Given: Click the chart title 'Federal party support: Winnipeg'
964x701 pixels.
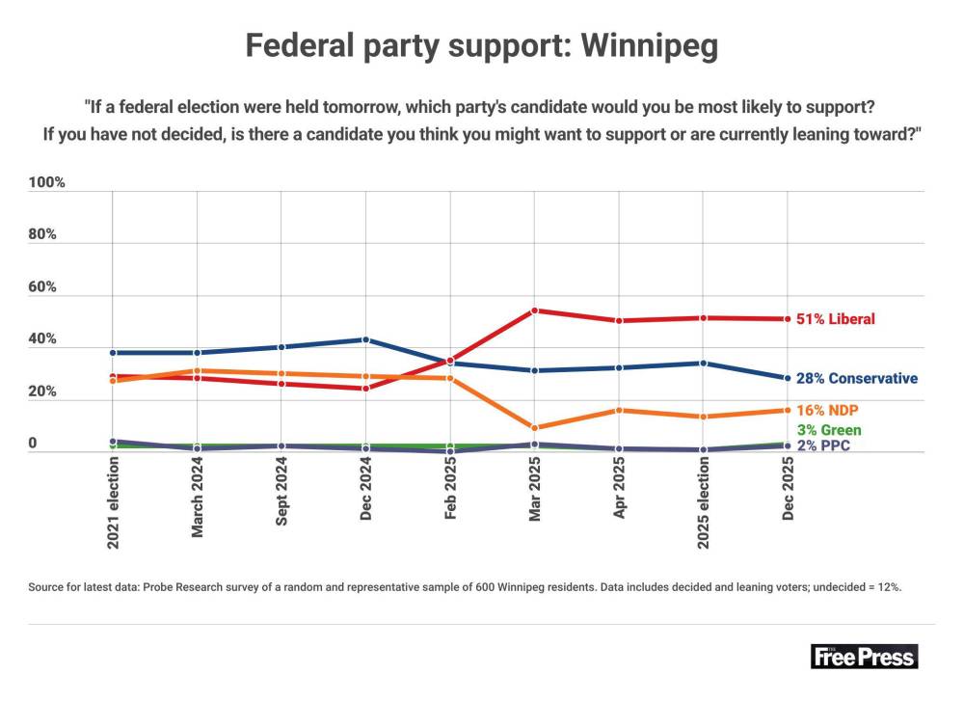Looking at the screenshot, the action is coord(481,46).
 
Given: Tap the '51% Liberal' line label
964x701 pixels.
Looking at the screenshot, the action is coord(835,318).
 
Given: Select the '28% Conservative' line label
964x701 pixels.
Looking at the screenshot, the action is coord(856,378).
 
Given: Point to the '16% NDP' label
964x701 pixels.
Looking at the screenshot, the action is coord(827,410).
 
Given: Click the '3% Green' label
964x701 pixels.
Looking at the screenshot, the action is coord(829,430).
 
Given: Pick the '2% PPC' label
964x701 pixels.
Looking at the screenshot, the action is coord(823,445).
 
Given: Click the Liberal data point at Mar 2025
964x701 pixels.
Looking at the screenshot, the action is coord(534,310).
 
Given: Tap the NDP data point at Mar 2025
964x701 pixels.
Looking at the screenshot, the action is coord(534,427).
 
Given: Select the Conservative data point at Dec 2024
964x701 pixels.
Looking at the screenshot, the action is coord(365,339).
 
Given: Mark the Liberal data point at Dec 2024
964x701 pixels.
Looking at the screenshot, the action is coord(365,388).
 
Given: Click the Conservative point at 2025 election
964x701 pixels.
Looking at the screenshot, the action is coord(704,363).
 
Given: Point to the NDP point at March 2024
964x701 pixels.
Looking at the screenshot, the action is coord(197,371).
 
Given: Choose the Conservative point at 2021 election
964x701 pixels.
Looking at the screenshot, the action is coord(113,352).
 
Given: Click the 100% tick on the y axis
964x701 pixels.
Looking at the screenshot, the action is coord(46,182).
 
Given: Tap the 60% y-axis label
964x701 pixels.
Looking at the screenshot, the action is coord(41,286).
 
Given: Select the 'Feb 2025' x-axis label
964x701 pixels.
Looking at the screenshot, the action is coord(450,489).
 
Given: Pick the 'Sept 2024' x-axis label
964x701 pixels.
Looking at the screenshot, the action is coord(281,492).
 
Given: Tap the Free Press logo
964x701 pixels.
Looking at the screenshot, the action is coord(864,656).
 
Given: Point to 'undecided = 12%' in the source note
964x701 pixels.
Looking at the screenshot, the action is coord(857,587).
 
